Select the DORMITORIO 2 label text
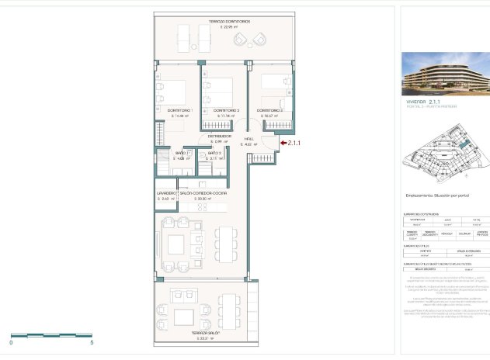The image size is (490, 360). coord(226,110)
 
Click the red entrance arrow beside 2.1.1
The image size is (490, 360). coord(282,143)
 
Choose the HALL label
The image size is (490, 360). coord(248,138)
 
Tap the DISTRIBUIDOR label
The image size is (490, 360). coord(220,136)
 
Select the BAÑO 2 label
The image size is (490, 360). coord(215,154)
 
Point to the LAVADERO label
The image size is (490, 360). coord(167,192)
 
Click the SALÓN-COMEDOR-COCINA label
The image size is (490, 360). coord(209,192)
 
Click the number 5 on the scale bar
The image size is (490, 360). coord(92,341)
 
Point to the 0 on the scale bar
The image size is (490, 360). coord(12,341)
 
